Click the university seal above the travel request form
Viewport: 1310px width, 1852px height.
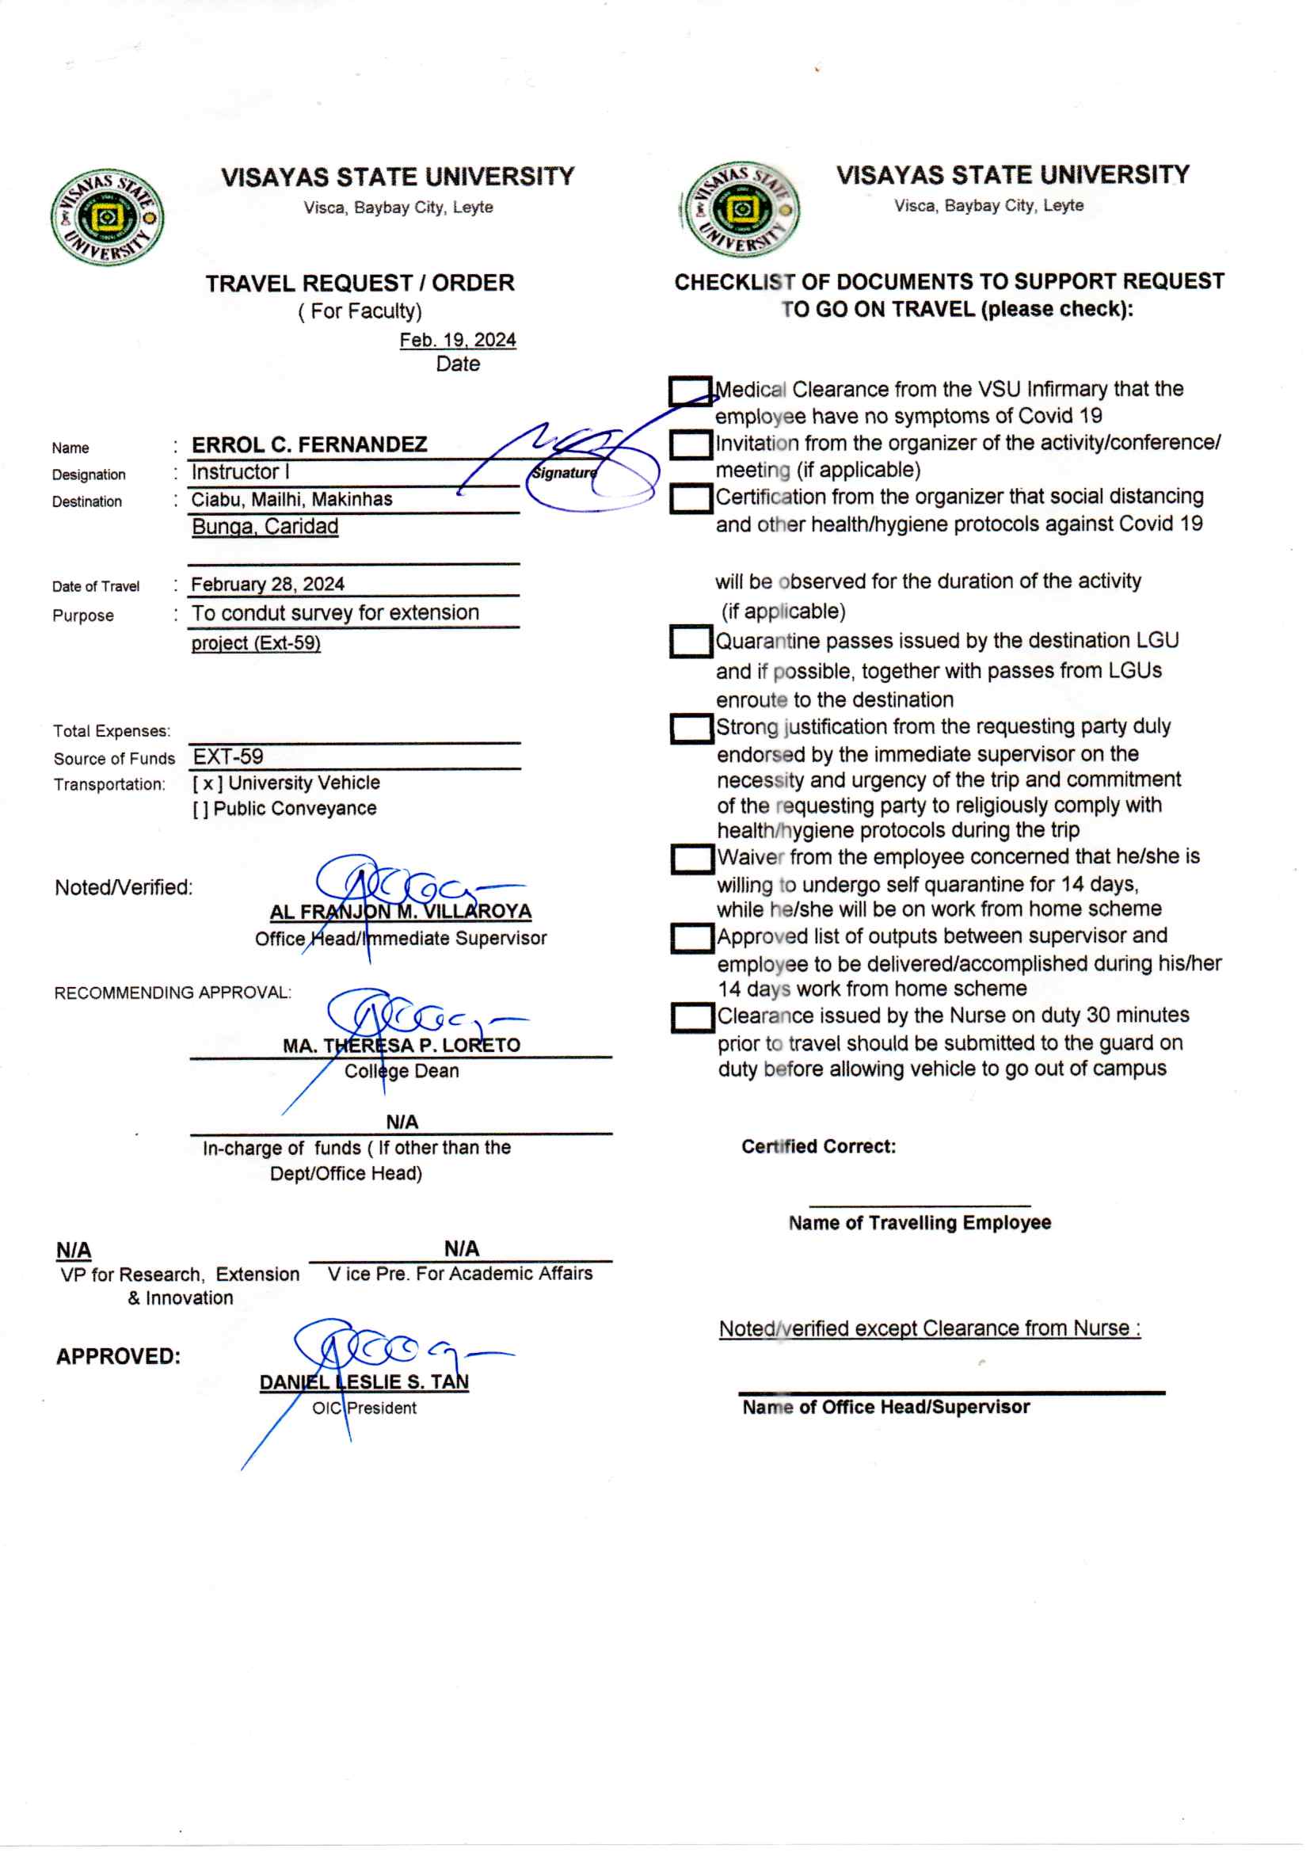coord(106,217)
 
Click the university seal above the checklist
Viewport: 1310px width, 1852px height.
coord(741,209)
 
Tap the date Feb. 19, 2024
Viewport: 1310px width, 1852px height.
coord(457,341)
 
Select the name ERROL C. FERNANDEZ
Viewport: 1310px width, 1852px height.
coord(309,444)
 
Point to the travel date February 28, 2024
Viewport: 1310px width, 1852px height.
coord(267,584)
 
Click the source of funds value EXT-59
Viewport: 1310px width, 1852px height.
coord(228,756)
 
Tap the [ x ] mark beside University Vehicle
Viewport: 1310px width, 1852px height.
coord(208,783)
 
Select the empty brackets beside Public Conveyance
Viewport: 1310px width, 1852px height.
coord(200,809)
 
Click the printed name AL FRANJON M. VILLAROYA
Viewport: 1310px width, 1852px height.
coord(400,913)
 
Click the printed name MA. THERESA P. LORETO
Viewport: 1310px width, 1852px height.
coord(401,1046)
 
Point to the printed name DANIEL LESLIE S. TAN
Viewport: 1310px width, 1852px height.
coord(364,1381)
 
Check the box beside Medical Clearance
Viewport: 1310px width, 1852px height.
coord(690,391)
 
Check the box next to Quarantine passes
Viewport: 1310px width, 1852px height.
coord(691,642)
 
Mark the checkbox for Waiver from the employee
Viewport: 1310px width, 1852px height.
coord(692,859)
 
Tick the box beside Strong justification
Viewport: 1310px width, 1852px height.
coord(691,729)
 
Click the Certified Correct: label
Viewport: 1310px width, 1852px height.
coord(818,1146)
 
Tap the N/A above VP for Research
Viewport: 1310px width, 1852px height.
coord(74,1250)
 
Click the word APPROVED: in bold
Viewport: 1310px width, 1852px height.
coord(119,1356)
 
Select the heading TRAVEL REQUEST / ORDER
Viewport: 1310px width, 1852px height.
coord(360,283)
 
